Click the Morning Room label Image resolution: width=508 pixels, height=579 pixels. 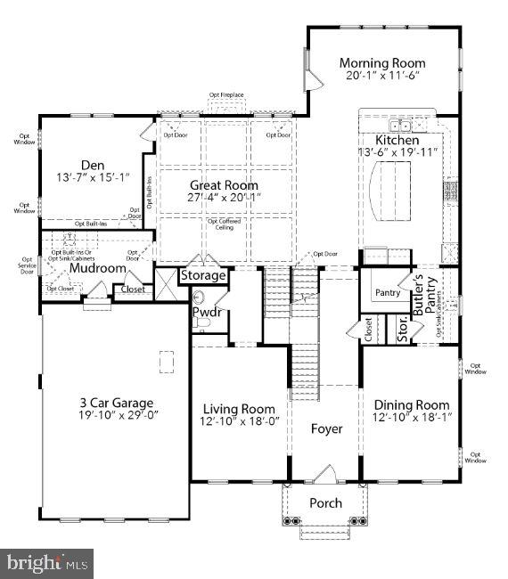(x=381, y=63)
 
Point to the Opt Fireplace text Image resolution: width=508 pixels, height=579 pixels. (x=226, y=94)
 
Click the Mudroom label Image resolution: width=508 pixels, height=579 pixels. (x=97, y=267)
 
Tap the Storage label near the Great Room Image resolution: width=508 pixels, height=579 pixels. (x=203, y=275)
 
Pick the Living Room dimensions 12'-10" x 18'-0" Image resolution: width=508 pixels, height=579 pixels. (x=239, y=422)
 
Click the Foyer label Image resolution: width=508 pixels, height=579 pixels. (x=326, y=428)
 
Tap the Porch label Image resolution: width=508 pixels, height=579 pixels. (x=325, y=503)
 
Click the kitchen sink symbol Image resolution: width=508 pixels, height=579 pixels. (x=404, y=126)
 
